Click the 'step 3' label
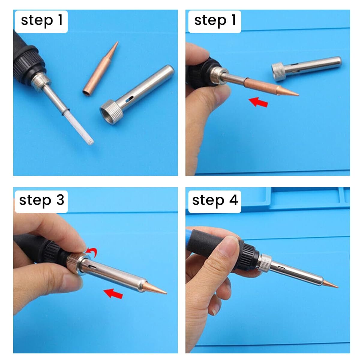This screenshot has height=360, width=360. (x=41, y=200)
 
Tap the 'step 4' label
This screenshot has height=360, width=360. (x=214, y=200)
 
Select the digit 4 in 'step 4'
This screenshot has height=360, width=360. (x=233, y=200)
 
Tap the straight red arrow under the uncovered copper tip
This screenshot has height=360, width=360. (x=259, y=102)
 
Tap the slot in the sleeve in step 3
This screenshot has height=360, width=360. (x=92, y=266)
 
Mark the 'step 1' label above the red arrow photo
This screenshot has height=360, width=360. (x=214, y=21)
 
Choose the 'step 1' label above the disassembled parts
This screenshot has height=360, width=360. (x=41, y=21)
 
